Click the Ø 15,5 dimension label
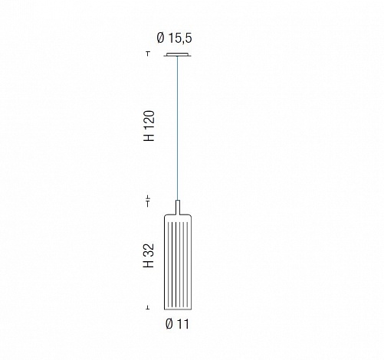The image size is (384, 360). pos(174,38)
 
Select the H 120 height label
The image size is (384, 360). pos(149,126)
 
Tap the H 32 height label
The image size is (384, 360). pos(149,255)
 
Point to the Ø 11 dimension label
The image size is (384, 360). pos(177,324)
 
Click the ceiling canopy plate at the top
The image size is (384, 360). pos(178,54)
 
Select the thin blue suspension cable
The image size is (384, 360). pos(178,128)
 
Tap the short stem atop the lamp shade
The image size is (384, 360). pos(178,208)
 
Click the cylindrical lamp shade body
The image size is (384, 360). pos(178,262)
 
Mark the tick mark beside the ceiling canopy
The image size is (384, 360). pos(148,54)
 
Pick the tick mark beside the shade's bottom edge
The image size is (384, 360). pos(148,308)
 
